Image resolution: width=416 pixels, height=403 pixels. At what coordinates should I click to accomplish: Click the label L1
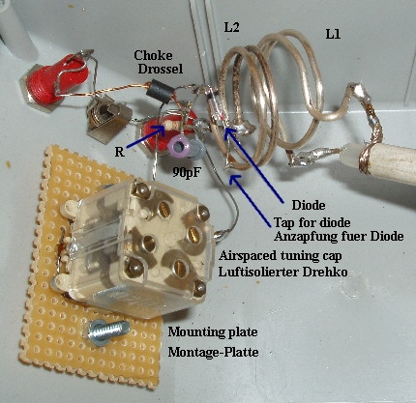coord(333,34)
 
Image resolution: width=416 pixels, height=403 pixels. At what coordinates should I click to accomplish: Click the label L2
coord(232,28)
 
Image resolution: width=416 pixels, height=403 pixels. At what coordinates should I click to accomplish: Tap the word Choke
coord(153,55)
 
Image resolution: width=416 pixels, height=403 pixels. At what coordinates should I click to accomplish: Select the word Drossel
coord(161,69)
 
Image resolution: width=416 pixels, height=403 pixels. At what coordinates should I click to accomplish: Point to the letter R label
coord(120,152)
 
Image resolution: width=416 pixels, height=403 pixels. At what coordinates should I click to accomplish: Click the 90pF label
coord(187,173)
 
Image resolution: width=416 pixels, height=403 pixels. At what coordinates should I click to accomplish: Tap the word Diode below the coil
coord(309,205)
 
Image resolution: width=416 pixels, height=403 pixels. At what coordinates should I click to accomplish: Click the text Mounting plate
coord(213,331)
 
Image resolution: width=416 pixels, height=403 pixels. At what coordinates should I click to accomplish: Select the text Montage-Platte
coord(213,352)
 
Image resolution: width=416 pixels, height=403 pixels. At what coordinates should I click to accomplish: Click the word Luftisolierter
coord(258,272)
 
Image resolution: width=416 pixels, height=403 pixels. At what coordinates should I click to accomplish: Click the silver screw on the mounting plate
coord(107,331)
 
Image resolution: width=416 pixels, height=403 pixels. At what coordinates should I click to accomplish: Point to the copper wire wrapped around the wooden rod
coord(365,158)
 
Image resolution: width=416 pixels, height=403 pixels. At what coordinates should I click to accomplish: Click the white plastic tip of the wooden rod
coord(349,156)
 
